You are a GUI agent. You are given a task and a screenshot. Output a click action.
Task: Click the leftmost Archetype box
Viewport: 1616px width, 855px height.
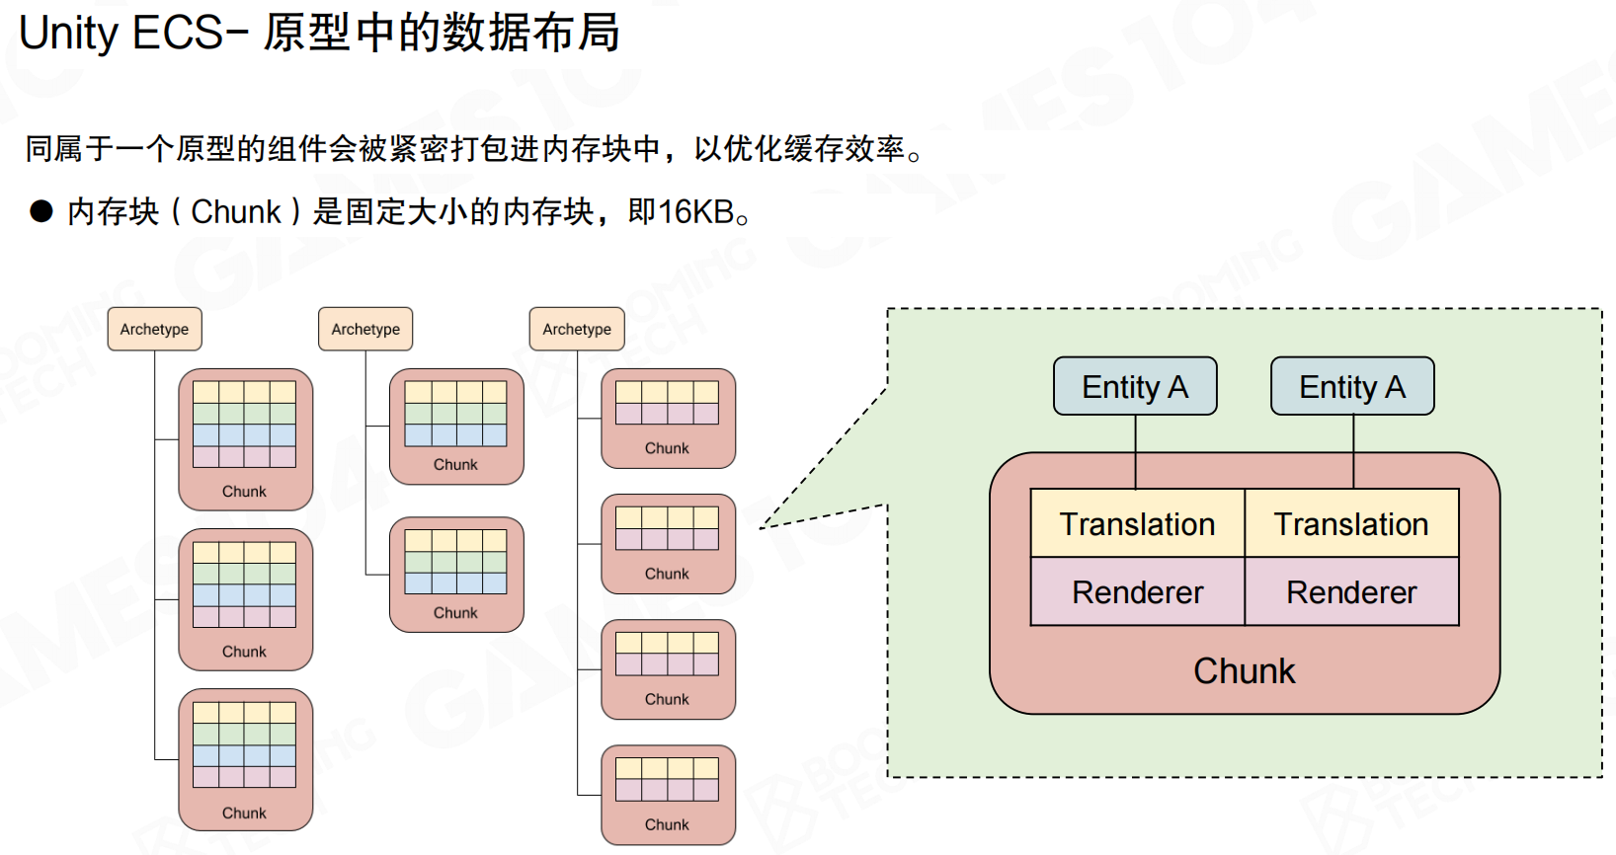tap(154, 329)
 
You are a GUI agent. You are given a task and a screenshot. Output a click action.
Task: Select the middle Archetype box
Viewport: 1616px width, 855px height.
tap(365, 329)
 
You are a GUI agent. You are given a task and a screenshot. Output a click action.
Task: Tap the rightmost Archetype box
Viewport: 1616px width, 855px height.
tap(577, 329)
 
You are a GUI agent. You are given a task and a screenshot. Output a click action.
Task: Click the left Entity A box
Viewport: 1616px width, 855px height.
tap(1135, 386)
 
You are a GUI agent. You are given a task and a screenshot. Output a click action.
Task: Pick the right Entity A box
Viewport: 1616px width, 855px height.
tap(1352, 386)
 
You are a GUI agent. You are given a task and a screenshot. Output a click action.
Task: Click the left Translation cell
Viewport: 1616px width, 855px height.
tap(1137, 523)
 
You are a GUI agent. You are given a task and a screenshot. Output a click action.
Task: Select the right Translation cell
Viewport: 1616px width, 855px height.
tap(1351, 523)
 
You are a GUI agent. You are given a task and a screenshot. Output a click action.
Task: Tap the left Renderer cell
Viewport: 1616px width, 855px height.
tap(1137, 591)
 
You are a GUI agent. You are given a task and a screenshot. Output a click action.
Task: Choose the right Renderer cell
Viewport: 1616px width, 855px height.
tap(1351, 591)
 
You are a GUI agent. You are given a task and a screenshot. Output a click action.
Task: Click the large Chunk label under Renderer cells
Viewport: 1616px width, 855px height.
tap(1244, 670)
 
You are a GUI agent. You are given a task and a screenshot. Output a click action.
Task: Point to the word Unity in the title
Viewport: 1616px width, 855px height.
tap(68, 33)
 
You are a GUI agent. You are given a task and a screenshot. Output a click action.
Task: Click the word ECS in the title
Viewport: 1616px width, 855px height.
tap(178, 33)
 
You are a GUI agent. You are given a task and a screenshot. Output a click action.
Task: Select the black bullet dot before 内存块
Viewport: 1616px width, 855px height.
tap(41, 211)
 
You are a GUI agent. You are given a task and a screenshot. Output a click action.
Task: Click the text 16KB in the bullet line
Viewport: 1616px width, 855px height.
tap(695, 211)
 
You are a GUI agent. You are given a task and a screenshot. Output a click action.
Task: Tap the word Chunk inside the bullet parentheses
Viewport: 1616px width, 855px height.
tap(236, 211)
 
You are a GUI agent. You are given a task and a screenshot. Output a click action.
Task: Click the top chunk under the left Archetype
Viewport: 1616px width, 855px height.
tap(245, 438)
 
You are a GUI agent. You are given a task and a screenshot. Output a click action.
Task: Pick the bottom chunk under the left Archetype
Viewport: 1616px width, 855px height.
tap(245, 759)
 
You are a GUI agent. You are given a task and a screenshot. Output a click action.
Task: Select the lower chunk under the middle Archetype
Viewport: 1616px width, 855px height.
tap(456, 574)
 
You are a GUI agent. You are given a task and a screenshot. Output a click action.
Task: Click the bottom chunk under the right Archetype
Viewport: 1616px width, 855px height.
tap(668, 795)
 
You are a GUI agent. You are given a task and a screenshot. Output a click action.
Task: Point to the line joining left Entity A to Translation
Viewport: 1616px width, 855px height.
tap(1136, 451)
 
